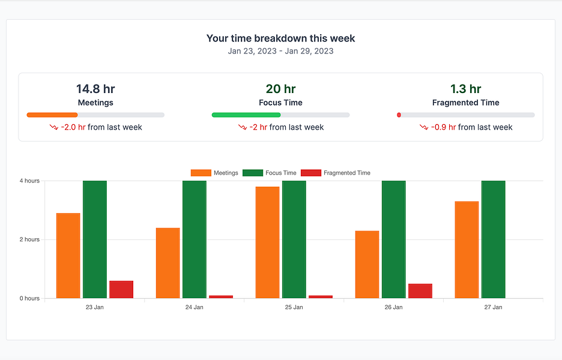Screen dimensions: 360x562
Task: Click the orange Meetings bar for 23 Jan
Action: click(68, 256)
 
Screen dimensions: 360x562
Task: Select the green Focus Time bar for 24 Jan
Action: click(194, 239)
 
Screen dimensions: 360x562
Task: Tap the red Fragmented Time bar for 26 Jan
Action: click(420, 291)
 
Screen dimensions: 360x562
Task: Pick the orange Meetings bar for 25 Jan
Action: click(267, 242)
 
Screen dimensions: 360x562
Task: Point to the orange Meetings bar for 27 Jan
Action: click(467, 250)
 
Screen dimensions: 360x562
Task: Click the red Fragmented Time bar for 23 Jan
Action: click(121, 289)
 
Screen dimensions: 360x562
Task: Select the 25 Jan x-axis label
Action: click(294, 307)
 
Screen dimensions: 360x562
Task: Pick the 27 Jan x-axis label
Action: click(493, 307)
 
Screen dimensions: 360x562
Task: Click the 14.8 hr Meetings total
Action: click(95, 89)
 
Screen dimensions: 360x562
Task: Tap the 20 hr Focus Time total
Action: click(280, 89)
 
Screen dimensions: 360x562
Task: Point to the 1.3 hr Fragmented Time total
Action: click(465, 89)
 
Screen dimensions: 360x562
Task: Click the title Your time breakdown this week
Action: click(280, 38)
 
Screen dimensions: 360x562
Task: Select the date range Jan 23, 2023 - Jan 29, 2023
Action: click(280, 51)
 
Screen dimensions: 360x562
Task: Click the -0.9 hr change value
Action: click(443, 127)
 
